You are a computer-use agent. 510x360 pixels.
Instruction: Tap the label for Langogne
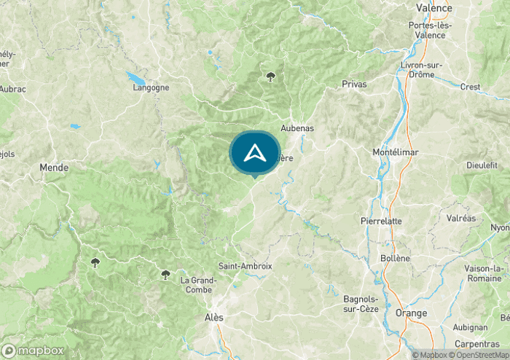(x=151, y=87)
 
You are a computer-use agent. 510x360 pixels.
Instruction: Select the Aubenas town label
(x=297, y=128)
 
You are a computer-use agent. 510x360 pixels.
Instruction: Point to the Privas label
(x=354, y=85)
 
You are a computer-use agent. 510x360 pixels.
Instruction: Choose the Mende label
(x=54, y=168)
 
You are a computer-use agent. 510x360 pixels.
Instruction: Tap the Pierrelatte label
(x=380, y=221)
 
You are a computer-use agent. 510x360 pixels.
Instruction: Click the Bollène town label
(x=395, y=258)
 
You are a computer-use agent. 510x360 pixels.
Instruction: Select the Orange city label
(x=412, y=313)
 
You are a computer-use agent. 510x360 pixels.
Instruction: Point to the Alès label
(x=214, y=318)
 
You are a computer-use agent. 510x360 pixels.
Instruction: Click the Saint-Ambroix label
(x=245, y=266)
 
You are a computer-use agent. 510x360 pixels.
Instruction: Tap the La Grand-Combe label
(x=198, y=285)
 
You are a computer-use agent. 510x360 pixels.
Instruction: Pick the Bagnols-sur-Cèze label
(x=362, y=302)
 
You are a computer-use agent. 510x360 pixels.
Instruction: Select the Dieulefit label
(x=482, y=165)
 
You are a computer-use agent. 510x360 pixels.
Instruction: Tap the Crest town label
(x=471, y=87)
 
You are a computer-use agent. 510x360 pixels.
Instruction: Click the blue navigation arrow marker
(x=254, y=153)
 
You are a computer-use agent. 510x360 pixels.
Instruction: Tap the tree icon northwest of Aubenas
(x=271, y=76)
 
